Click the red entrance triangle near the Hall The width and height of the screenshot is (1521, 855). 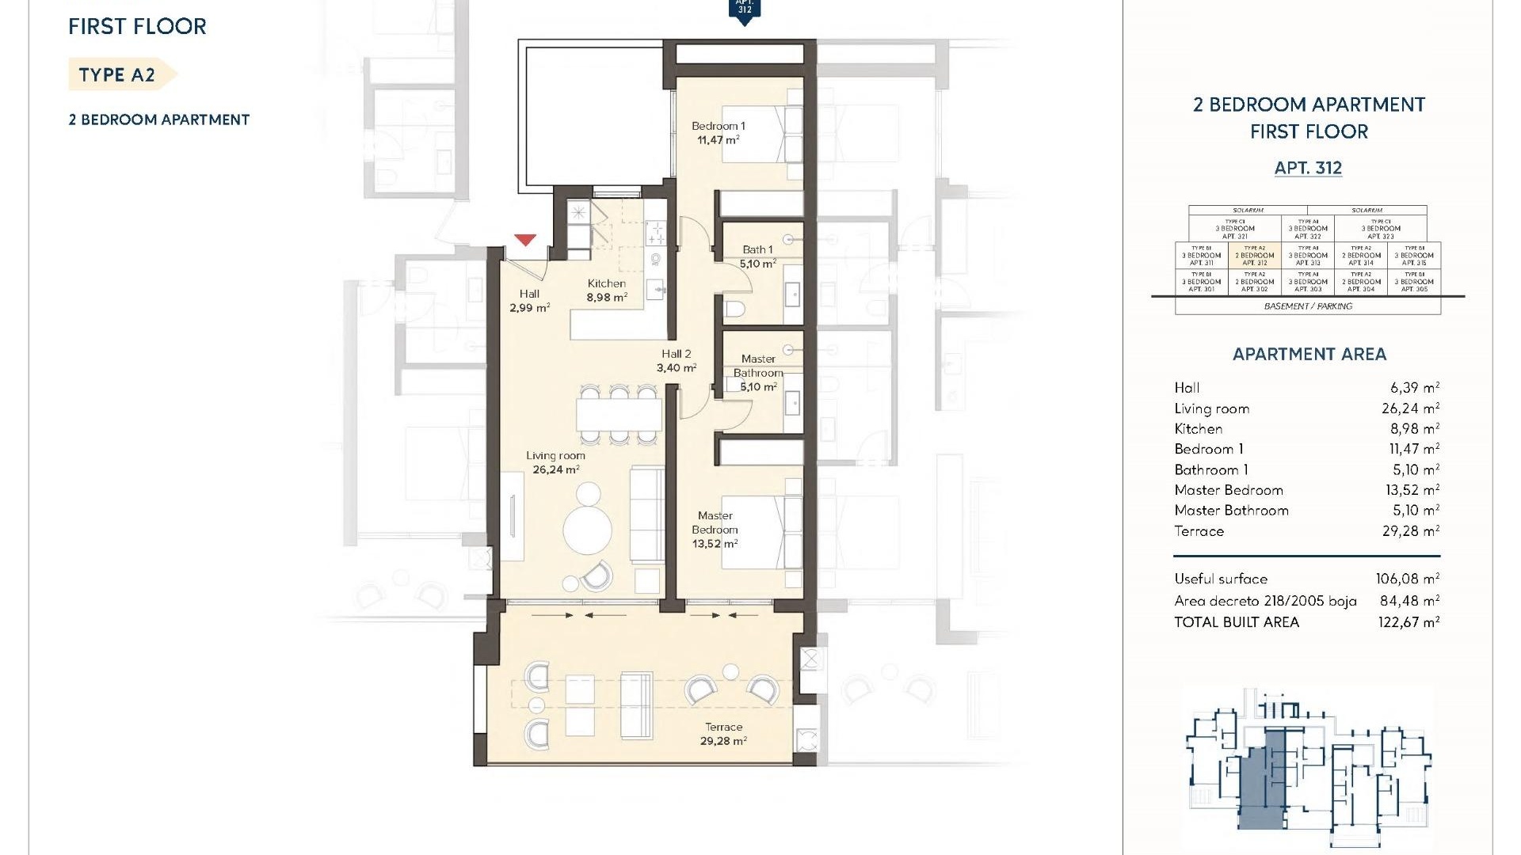(x=524, y=239)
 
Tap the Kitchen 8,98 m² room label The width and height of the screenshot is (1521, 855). (x=607, y=291)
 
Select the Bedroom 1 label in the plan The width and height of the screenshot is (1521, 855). (x=718, y=132)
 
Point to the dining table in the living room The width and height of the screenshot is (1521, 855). (x=618, y=414)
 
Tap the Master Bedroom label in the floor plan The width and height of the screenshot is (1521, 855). (x=715, y=530)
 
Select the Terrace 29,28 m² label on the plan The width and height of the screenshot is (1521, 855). (x=723, y=734)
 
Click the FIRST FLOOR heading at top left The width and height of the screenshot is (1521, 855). (x=137, y=27)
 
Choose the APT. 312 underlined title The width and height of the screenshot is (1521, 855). (x=1308, y=168)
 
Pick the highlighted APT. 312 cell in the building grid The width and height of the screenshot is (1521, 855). (x=1255, y=256)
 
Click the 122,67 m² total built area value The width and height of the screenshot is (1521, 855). (x=1409, y=622)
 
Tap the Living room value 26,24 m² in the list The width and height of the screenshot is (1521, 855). (x=1410, y=408)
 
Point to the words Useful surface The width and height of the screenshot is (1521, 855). (x=1221, y=579)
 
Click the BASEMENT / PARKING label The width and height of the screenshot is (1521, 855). (x=1308, y=306)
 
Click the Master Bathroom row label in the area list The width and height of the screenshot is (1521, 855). (x=1231, y=511)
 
